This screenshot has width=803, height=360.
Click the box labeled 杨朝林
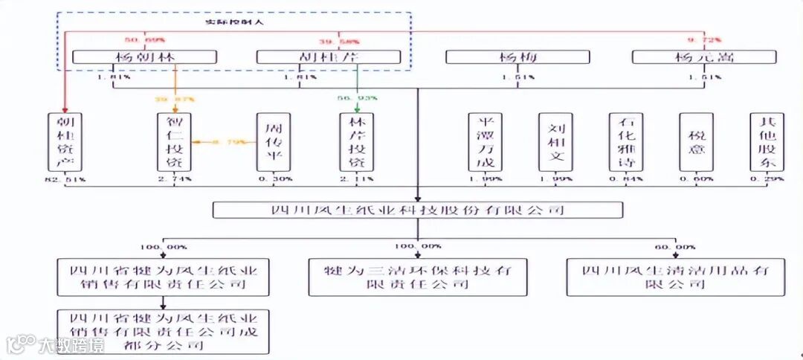(x=145, y=57)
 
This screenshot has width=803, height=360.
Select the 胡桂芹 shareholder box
(x=329, y=57)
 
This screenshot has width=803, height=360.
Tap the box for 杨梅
(x=517, y=57)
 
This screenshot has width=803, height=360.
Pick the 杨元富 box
(x=703, y=57)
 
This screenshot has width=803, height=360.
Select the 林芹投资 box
(x=357, y=142)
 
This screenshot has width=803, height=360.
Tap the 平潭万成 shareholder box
(x=486, y=142)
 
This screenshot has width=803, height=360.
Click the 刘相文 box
(x=556, y=142)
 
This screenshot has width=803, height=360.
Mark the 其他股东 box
(x=767, y=142)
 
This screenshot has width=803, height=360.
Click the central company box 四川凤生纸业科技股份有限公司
(x=417, y=210)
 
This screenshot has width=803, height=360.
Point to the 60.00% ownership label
(x=675, y=246)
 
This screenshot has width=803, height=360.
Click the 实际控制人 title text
(x=234, y=22)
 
